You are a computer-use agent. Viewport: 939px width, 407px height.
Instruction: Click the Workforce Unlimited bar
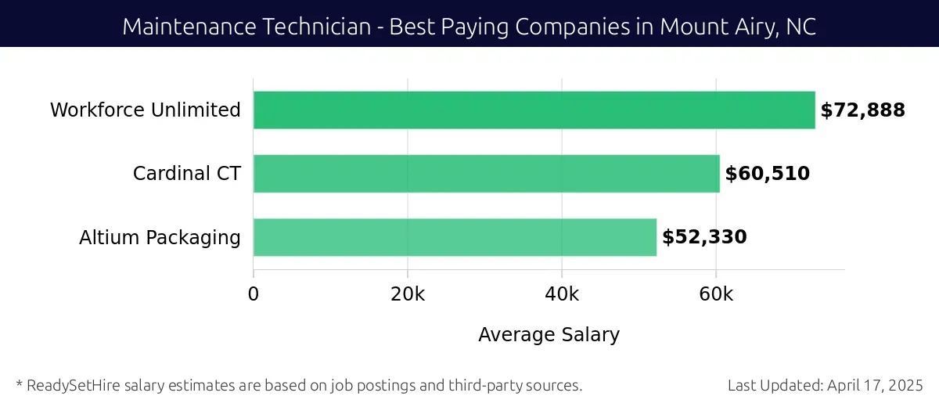[534, 110]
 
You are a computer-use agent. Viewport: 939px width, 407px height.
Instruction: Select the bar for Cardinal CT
[486, 174]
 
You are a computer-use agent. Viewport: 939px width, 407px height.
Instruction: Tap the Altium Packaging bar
[455, 237]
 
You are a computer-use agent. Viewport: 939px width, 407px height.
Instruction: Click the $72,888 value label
[862, 110]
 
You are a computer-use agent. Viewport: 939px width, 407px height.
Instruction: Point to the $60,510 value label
[767, 174]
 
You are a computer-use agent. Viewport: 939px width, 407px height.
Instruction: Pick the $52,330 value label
[704, 237]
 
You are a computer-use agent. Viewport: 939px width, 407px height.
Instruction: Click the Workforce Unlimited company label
[146, 110]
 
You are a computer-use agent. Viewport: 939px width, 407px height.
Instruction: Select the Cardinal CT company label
[186, 174]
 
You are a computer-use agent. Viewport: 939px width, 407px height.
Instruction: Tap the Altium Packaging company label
[160, 237]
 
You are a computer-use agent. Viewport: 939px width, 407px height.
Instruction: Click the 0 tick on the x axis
[253, 294]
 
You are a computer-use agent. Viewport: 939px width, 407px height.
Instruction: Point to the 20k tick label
[407, 294]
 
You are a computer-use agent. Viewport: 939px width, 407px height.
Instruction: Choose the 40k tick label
[561, 294]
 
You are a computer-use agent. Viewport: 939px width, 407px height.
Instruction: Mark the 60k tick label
[715, 294]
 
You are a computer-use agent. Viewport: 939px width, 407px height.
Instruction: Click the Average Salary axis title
[549, 335]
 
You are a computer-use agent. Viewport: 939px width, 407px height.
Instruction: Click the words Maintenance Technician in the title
[246, 27]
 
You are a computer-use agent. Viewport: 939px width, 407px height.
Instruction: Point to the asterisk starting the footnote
[19, 384]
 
